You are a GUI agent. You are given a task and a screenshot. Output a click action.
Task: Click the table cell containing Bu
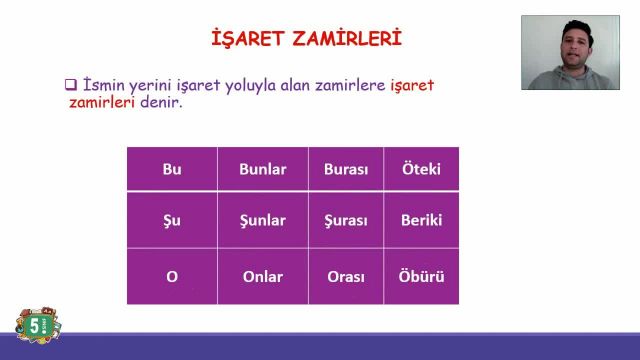pos(171,169)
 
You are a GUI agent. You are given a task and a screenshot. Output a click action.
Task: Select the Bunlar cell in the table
pos(262,169)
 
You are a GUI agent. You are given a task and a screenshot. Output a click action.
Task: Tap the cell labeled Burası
pos(346,169)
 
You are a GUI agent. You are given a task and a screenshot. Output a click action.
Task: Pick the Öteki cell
pos(421,169)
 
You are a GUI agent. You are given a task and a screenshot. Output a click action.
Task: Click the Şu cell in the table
pos(171,220)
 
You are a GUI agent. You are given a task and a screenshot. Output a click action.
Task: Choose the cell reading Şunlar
pos(262,220)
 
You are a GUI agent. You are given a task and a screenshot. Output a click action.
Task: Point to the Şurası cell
pos(346,220)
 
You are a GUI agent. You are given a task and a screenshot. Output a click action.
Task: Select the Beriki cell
pos(421,220)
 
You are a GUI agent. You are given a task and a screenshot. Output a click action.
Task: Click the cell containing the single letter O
pos(171,277)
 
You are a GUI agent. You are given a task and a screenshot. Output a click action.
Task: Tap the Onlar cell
pos(262,277)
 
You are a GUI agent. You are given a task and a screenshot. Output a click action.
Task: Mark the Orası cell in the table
pos(346,277)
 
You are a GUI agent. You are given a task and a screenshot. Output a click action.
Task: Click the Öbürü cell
pos(421,277)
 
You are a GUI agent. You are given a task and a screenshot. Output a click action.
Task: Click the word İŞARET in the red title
pos(246,39)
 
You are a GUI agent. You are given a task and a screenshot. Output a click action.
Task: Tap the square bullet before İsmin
pos(71,85)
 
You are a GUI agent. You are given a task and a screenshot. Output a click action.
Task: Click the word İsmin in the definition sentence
pos(104,85)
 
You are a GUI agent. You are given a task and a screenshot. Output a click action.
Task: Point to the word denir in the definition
pos(160,103)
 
